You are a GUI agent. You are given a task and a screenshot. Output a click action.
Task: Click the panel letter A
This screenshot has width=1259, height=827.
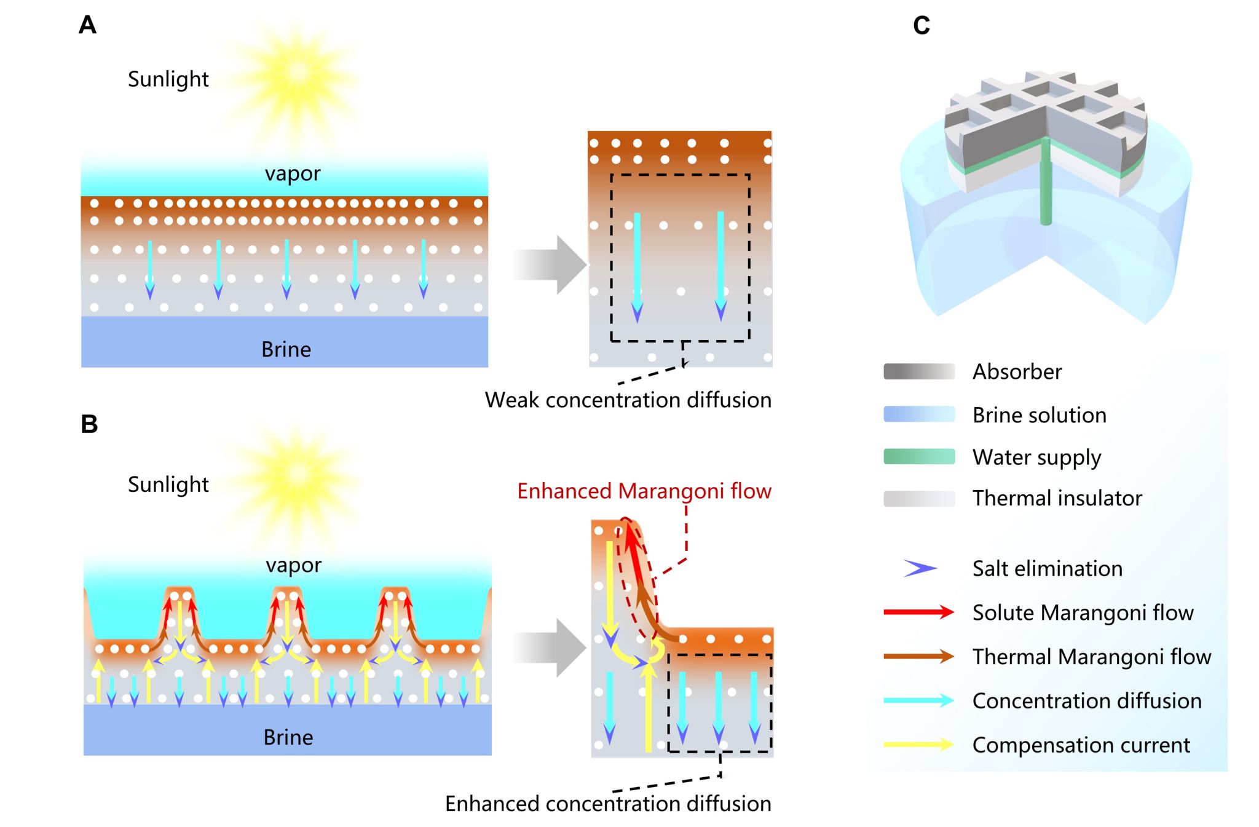(87, 25)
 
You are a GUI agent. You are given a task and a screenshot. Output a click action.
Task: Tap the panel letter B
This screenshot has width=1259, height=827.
(89, 424)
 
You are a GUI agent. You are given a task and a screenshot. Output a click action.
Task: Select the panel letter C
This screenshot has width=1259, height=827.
(921, 26)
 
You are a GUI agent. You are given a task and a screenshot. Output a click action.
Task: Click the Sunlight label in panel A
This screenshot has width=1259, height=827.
(168, 79)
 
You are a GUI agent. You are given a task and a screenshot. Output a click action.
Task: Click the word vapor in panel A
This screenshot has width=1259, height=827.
(293, 173)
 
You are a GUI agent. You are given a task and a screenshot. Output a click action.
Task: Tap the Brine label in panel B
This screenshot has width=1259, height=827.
(288, 737)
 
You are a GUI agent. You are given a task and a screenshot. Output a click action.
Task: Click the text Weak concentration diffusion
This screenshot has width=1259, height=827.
(628, 400)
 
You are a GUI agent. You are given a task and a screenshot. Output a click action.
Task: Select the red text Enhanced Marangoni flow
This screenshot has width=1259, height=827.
(644, 491)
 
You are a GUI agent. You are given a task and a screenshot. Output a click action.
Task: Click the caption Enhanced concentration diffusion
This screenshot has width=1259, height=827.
(608, 804)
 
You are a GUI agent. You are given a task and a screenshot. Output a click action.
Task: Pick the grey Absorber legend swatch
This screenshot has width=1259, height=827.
(919, 371)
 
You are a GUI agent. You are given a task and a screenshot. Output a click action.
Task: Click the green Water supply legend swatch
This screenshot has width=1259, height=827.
(919, 456)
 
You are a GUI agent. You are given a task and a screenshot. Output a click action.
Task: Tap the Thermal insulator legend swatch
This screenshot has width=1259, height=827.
(919, 498)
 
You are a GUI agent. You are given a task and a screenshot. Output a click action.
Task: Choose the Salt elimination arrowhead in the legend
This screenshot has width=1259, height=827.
(920, 568)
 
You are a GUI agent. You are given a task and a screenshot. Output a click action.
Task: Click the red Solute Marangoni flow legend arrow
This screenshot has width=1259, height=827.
(919, 612)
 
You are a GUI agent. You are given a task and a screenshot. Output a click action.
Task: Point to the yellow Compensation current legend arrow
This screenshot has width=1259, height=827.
(919, 745)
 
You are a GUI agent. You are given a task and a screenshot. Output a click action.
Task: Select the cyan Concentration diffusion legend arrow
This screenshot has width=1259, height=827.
(919, 700)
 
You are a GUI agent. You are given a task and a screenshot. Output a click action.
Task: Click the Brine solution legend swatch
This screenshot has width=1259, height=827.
(919, 414)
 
